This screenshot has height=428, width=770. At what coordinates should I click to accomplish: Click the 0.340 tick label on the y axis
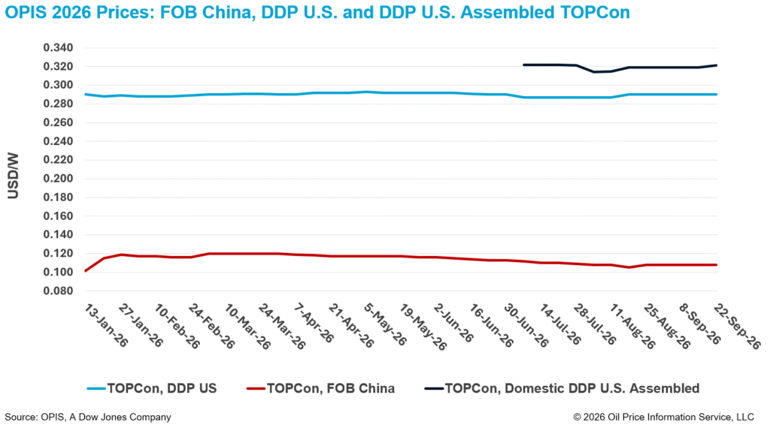(x=58, y=47)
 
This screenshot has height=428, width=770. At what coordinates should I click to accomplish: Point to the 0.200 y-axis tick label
(x=58, y=179)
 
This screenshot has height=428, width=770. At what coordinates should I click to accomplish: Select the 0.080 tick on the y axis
(x=58, y=291)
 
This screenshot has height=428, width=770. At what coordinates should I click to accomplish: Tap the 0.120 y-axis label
(x=58, y=254)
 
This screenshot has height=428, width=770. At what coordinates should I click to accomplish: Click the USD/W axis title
(x=14, y=176)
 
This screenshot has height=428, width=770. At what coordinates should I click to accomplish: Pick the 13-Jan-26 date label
(x=106, y=326)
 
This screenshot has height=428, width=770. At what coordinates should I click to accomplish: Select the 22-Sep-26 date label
(x=738, y=326)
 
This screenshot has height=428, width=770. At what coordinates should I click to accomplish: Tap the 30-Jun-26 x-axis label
(x=526, y=326)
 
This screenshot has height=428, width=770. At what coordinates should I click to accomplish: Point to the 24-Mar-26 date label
(x=282, y=327)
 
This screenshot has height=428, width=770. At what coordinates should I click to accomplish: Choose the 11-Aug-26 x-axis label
(x=632, y=327)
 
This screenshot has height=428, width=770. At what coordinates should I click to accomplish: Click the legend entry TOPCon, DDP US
(x=152, y=389)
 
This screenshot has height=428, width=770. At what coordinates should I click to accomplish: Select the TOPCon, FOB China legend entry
(x=320, y=389)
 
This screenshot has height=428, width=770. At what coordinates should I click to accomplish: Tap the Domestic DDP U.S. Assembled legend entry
(x=562, y=389)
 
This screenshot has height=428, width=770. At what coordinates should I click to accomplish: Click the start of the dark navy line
(x=524, y=65)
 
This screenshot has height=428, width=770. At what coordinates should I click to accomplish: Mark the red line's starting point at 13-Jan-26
(x=86, y=270)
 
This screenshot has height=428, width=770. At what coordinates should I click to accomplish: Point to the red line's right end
(x=717, y=265)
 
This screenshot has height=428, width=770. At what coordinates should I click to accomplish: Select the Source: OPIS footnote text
(x=88, y=417)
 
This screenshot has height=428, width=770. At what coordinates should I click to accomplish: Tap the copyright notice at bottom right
(x=663, y=417)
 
